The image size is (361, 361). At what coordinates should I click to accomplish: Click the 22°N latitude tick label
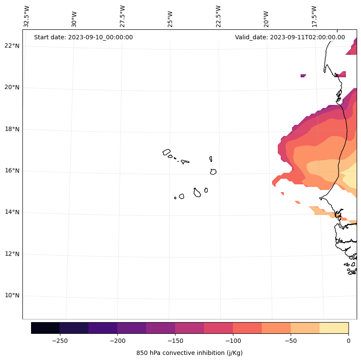[12, 46]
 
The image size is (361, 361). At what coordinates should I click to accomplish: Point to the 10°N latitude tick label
[12, 296]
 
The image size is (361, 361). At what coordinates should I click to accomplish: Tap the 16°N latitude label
[12, 171]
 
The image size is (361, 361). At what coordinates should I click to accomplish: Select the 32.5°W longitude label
[27, 16]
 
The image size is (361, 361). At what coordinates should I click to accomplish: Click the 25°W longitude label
[170, 19]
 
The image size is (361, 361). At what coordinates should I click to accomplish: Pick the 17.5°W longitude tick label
[314, 16]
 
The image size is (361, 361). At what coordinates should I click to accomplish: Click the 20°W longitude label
[266, 19]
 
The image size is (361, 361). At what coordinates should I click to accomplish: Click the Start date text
[83, 37]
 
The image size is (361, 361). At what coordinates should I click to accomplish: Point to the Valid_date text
[290, 37]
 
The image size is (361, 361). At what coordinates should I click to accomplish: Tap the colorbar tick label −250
[60, 340]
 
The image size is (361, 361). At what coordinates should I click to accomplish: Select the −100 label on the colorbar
[233, 340]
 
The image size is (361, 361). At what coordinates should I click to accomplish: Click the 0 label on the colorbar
[348, 340]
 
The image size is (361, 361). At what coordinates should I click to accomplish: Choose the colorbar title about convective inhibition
[189, 353]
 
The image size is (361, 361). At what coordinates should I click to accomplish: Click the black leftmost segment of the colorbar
[45, 328]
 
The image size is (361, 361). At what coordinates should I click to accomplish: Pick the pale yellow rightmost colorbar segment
[334, 328]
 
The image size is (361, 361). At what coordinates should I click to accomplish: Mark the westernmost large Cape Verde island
[166, 152]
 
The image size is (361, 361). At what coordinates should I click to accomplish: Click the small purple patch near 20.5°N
[303, 76]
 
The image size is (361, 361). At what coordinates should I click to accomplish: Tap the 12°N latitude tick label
[12, 254]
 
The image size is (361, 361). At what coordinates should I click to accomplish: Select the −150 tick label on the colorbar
[175, 340]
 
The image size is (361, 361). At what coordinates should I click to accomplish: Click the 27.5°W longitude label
[122, 16]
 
